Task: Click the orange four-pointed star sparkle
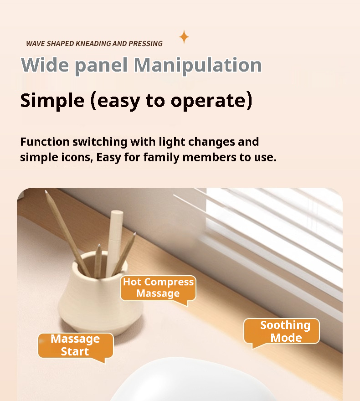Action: click(184, 37)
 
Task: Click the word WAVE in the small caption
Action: click(36, 44)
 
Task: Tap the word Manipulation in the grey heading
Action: click(197, 65)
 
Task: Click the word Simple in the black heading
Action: click(52, 100)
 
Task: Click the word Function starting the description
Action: click(44, 142)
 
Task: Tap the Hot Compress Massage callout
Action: click(158, 288)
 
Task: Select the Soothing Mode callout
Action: click(282, 331)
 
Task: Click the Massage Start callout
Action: click(75, 345)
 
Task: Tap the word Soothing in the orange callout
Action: click(285, 325)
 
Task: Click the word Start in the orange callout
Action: click(75, 351)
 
